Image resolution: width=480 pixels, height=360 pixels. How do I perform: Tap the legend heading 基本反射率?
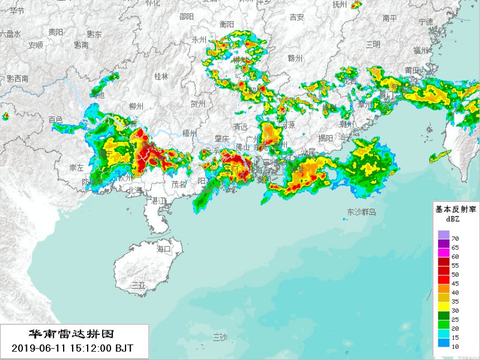(x=455, y=209)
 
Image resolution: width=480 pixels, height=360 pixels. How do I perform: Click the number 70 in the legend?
(x=455, y=238)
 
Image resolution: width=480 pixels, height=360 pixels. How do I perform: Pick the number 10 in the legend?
(x=455, y=347)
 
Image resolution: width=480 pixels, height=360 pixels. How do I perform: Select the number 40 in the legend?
(x=455, y=292)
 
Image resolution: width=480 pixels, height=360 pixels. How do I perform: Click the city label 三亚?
(x=138, y=285)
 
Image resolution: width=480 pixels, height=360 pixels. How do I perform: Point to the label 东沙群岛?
(x=362, y=212)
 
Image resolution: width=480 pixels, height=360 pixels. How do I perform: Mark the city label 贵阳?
(x=55, y=32)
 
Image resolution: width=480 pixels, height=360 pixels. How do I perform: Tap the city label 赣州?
(x=295, y=58)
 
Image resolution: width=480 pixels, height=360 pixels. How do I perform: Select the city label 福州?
(x=420, y=50)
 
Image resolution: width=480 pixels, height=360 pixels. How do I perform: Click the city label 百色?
(x=56, y=119)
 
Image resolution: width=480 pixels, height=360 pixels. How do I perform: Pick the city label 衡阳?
(x=227, y=24)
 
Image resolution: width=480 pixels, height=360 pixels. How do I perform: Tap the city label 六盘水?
(x=10, y=34)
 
